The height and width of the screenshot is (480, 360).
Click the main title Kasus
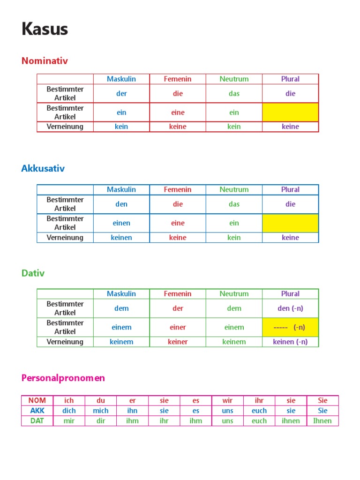(45, 29)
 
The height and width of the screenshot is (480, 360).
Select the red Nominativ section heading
(45, 61)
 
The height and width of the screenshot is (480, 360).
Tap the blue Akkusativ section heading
(43, 169)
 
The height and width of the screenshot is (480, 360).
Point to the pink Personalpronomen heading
(63, 378)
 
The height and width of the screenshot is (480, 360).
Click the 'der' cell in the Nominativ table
(121, 93)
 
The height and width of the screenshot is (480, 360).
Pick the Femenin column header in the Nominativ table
(178, 79)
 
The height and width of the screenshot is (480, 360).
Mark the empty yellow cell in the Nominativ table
(290, 112)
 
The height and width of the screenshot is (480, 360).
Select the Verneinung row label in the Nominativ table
(65, 127)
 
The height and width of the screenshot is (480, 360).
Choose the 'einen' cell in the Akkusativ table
(121, 223)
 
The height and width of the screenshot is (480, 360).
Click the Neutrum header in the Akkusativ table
(234, 189)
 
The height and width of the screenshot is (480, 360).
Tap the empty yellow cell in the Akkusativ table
(290, 223)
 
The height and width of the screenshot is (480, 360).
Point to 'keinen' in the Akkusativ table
(121, 238)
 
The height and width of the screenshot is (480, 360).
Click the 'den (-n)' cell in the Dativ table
(290, 308)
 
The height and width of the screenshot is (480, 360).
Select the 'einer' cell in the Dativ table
(178, 327)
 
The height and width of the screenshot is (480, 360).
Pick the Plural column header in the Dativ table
(290, 294)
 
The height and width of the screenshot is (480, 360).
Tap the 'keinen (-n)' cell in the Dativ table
(290, 342)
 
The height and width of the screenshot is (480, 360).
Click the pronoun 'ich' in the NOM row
(69, 400)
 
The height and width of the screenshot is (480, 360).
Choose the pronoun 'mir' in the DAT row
(69, 420)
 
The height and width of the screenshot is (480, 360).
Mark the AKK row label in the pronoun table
(37, 411)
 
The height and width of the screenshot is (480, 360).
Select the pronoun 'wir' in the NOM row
(227, 400)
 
